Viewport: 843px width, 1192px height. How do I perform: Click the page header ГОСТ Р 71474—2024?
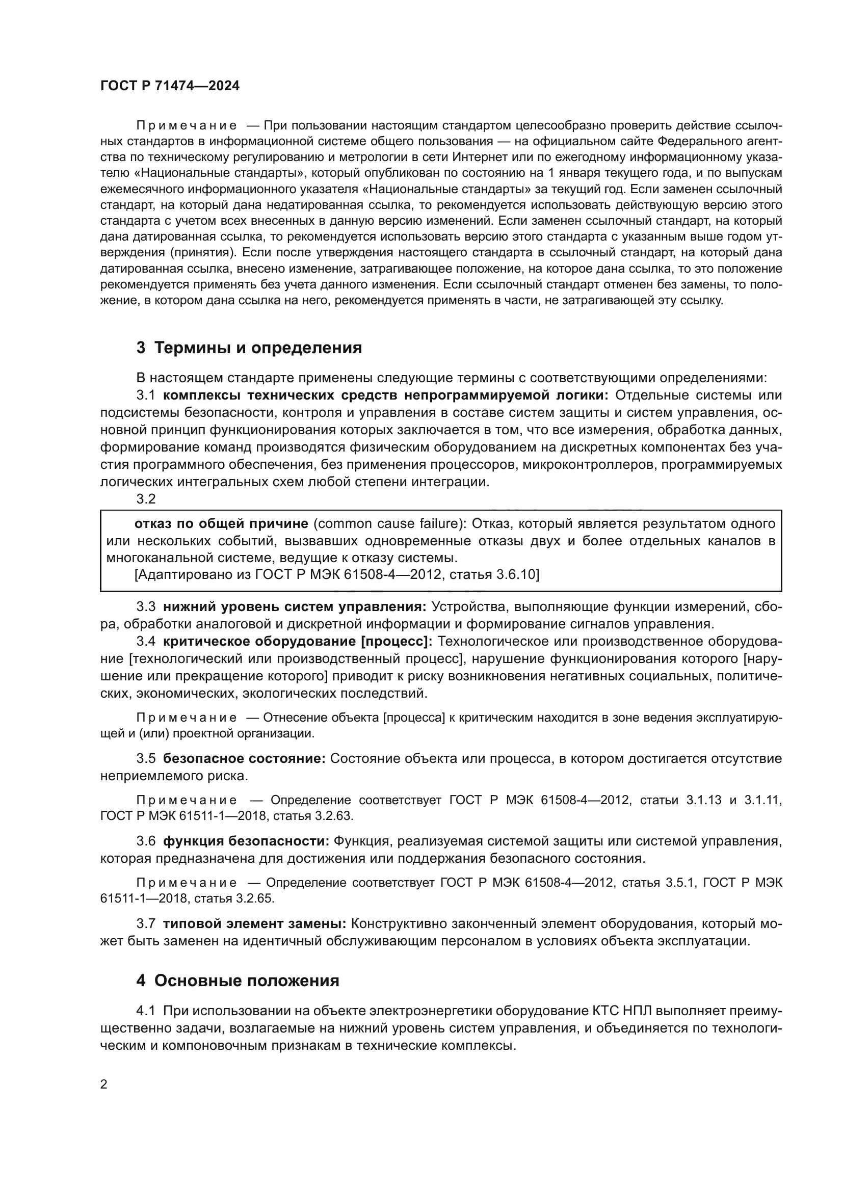[x=170, y=86]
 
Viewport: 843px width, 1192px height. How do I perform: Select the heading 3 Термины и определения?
[x=249, y=348]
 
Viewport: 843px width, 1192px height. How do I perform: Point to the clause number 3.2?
[x=146, y=499]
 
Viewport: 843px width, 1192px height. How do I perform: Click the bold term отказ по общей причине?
[x=221, y=523]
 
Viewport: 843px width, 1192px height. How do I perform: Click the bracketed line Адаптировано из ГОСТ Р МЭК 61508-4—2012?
[x=336, y=575]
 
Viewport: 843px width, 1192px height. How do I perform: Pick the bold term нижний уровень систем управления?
[x=294, y=606]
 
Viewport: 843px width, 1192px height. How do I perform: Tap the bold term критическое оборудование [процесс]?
[x=298, y=642]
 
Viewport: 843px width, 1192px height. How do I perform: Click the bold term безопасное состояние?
[x=244, y=758]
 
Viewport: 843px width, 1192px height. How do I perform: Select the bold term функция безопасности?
[x=246, y=841]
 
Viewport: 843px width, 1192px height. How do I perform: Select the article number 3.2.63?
[x=333, y=815]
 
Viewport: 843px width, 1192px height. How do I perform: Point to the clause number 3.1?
[x=146, y=395]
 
